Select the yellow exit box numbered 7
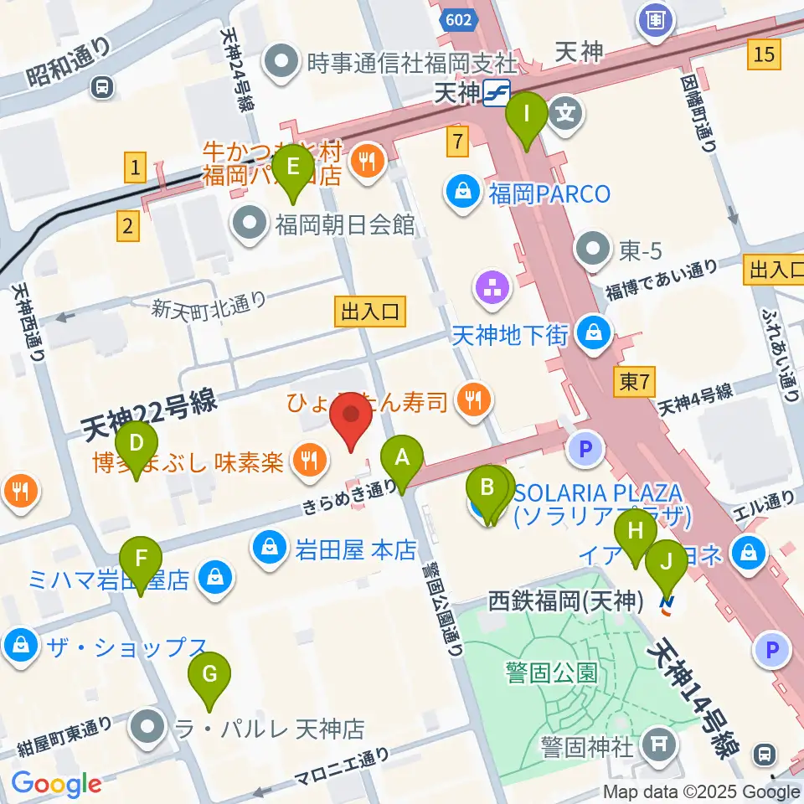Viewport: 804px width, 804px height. point(456,142)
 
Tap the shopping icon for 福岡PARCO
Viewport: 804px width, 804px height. point(462,194)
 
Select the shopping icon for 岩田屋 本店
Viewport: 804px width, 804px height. point(270,549)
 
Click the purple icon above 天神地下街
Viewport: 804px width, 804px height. point(491,290)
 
